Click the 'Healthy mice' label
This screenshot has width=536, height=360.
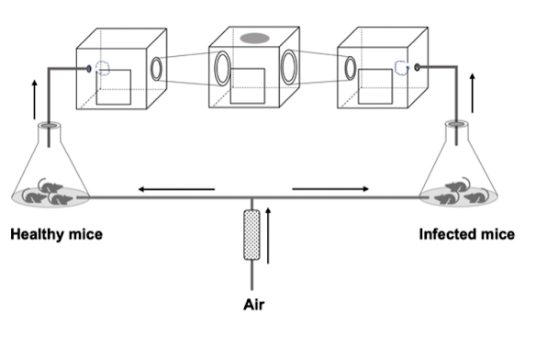[x=56, y=234]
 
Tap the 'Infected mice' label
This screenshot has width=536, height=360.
[x=467, y=234]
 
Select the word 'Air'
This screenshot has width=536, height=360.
[x=253, y=304]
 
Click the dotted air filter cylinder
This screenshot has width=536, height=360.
[x=251, y=235]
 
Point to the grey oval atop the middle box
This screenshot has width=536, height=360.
[x=254, y=38]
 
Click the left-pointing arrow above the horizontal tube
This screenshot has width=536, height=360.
[x=176, y=189]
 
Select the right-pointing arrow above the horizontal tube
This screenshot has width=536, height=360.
[x=330, y=188]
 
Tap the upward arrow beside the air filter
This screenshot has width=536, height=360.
[x=268, y=235]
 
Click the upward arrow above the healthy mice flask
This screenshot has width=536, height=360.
[x=34, y=99]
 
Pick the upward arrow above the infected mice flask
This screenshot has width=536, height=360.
[x=473, y=93]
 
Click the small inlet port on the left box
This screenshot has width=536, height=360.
[x=89, y=69]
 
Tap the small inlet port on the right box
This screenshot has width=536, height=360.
[x=417, y=67]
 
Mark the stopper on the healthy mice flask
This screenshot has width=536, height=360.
[x=50, y=126]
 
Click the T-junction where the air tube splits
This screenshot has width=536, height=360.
[x=251, y=197]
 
